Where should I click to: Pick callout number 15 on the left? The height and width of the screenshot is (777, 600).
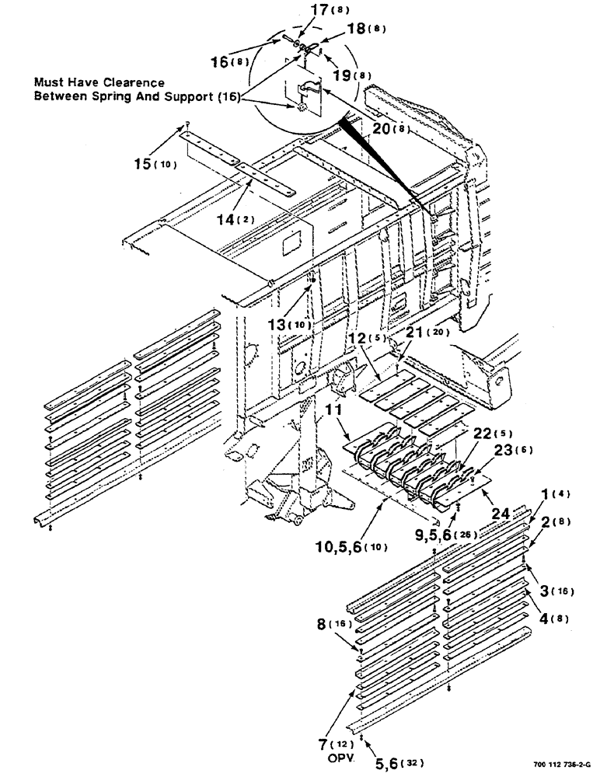pos(143,164)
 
